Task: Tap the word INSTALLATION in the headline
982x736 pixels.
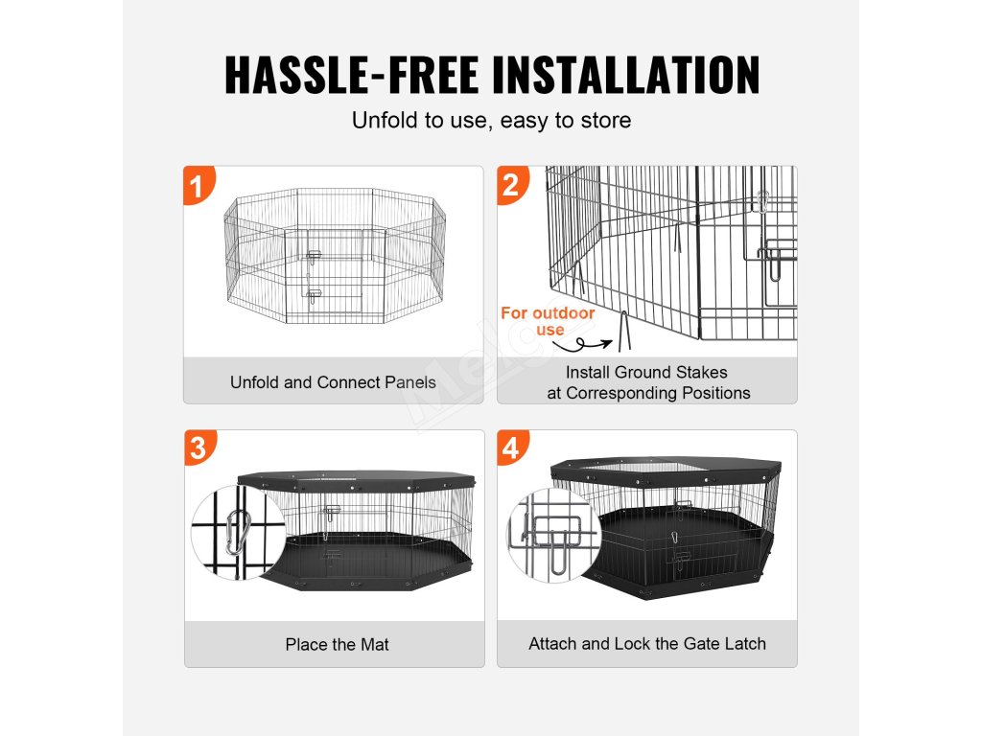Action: coord(626,75)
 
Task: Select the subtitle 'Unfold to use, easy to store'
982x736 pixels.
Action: coord(491,120)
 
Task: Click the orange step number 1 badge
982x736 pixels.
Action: coord(199,185)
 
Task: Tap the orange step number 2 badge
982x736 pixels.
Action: coord(512,185)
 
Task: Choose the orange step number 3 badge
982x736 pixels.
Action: coord(199,448)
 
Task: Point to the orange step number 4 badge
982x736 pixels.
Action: coord(512,448)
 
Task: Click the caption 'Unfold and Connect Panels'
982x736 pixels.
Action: coord(333,382)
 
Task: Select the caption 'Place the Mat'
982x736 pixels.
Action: coord(337,645)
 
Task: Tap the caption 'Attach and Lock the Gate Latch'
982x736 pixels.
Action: coord(647,644)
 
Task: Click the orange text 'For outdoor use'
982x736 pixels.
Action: coord(548,321)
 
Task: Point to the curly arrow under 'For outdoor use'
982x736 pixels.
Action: coord(581,344)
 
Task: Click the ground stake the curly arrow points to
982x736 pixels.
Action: coord(623,332)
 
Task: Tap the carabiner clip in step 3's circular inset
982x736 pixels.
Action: coord(238,532)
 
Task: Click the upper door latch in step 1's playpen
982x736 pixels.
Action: coord(314,257)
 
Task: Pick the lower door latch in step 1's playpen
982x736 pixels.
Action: coord(314,295)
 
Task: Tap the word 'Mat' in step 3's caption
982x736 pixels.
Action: coord(374,645)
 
